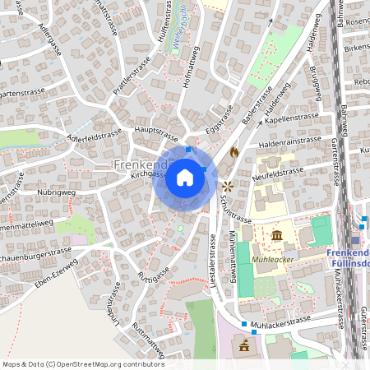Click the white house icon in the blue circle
(185, 178)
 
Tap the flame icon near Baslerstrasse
(234, 153)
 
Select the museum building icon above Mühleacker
(277, 236)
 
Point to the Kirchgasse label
(148, 174)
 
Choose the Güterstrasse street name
(363, 320)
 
